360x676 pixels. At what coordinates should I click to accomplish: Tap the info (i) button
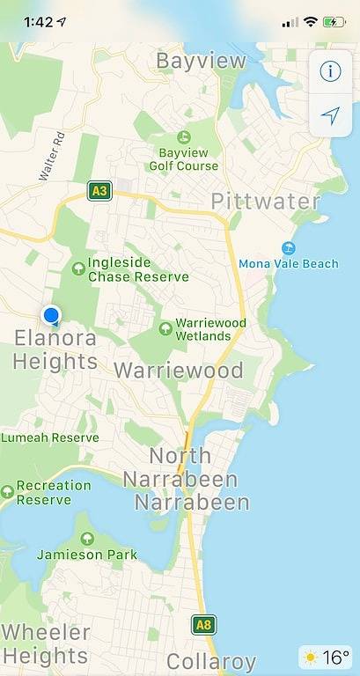(330, 71)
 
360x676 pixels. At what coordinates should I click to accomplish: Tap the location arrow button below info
(330, 115)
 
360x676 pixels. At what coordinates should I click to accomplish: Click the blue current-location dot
(51, 315)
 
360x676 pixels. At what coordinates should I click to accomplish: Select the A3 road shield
(99, 190)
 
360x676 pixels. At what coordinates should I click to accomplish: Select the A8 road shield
(203, 626)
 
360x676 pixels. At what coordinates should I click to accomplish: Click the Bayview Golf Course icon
(184, 137)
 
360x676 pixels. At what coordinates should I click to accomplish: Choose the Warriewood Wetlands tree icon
(165, 327)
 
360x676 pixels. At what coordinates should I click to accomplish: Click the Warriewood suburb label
(179, 370)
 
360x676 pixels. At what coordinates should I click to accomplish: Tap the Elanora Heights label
(55, 349)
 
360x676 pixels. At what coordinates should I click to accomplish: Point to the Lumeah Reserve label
(50, 437)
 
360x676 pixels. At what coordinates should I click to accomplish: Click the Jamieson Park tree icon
(86, 539)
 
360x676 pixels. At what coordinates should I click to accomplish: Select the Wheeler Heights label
(45, 643)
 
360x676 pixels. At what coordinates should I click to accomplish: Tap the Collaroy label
(211, 661)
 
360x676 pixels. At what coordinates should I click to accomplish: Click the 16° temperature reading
(335, 657)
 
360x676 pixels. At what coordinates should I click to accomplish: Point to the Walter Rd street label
(53, 156)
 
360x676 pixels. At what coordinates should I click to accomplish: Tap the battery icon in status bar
(334, 21)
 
